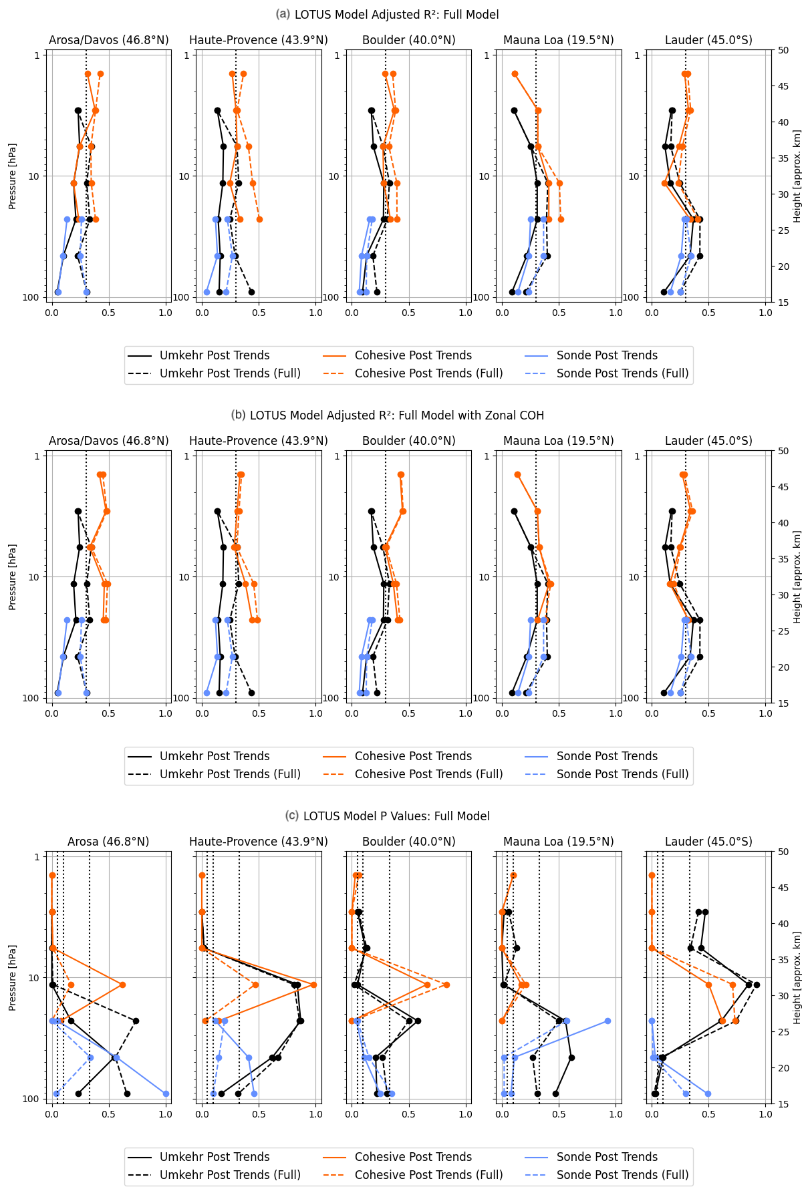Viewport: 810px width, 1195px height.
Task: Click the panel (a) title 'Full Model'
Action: [x=396, y=15]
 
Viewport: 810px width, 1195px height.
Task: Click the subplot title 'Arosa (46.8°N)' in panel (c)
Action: [x=108, y=842]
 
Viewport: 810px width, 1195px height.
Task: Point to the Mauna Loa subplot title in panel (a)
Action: [x=558, y=40]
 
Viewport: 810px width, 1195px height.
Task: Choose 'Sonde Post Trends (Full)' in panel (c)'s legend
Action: [x=622, y=1175]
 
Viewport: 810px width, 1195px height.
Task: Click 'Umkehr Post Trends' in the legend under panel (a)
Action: [x=215, y=355]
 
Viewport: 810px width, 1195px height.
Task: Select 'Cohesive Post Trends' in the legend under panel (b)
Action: [x=413, y=756]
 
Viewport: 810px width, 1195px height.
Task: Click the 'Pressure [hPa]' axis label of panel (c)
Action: [x=13, y=977]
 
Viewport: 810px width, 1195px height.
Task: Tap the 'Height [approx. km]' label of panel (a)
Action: [x=797, y=176]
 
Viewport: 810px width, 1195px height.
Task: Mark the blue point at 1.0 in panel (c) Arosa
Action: [x=166, y=1093]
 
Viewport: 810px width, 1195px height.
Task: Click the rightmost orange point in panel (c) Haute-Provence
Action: [x=313, y=985]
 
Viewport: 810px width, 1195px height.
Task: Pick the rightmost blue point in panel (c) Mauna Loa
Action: [x=607, y=1021]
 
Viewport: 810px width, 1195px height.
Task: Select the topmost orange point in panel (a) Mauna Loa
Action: [x=515, y=74]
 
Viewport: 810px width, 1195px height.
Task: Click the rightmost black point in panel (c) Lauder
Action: [x=757, y=985]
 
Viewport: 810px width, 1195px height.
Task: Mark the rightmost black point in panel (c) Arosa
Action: [x=136, y=1021]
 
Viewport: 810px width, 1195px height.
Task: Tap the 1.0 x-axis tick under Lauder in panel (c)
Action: [x=766, y=1114]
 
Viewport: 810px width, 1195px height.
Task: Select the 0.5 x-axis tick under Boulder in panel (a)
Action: [x=409, y=313]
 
